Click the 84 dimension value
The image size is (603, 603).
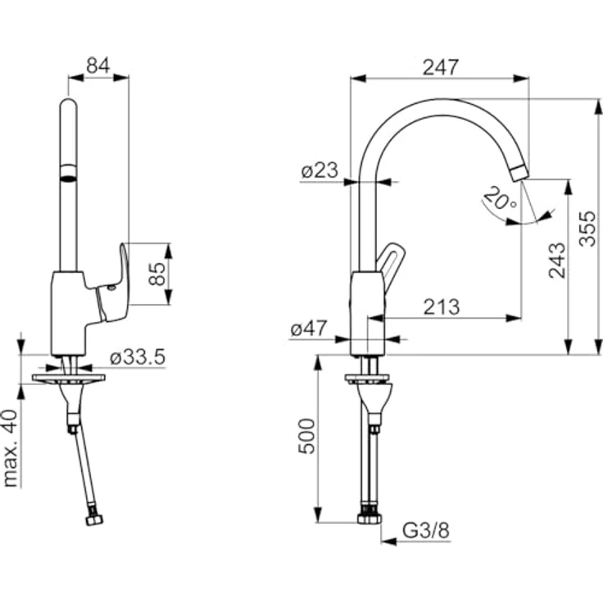point(98,66)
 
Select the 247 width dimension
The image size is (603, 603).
point(440,67)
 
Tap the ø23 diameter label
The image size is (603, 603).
point(319,171)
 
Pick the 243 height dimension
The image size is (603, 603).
point(558,260)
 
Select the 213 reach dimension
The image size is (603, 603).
point(442,306)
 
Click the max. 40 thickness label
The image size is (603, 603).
point(11,448)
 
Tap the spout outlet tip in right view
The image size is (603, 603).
point(519,172)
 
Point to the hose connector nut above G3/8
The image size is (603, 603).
point(370,518)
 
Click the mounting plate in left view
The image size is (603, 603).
point(69,379)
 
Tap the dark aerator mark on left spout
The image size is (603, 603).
point(69,174)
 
